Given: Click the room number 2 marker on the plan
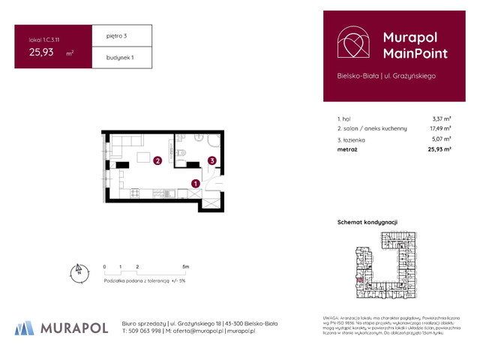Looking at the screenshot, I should tap(157, 160).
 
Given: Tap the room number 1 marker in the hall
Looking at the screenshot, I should tap(196, 183).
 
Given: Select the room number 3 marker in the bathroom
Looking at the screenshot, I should tap(212, 160).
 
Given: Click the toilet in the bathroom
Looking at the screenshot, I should tap(182, 154).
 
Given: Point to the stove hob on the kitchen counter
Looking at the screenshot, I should tap(135, 193).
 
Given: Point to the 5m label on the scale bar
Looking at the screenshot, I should tap(185, 267).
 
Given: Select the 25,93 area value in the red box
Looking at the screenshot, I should tap(41, 52).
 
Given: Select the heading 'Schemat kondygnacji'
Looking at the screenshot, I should tap(368, 223).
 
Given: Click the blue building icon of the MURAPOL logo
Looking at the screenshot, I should tap(25, 327).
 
